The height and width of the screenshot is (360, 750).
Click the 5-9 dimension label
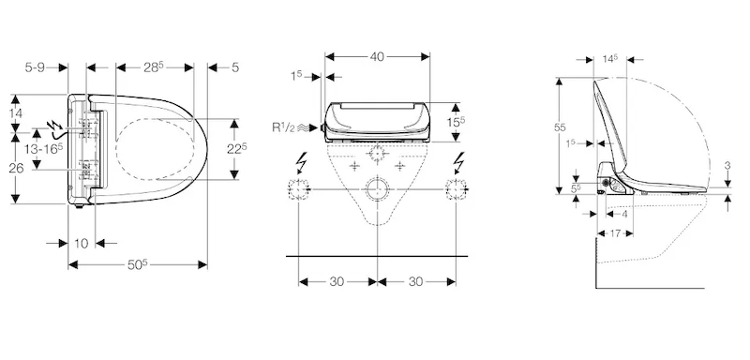(35, 67)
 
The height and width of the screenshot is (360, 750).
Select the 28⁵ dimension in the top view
(154, 67)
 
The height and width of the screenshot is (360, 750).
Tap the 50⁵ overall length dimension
(138, 264)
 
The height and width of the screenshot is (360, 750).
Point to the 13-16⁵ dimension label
(44, 149)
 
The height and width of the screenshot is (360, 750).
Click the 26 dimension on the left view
(16, 169)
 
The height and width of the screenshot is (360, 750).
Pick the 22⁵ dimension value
(237, 149)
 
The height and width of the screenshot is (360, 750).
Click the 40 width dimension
(377, 56)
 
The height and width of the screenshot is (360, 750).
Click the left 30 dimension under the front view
(337, 281)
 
